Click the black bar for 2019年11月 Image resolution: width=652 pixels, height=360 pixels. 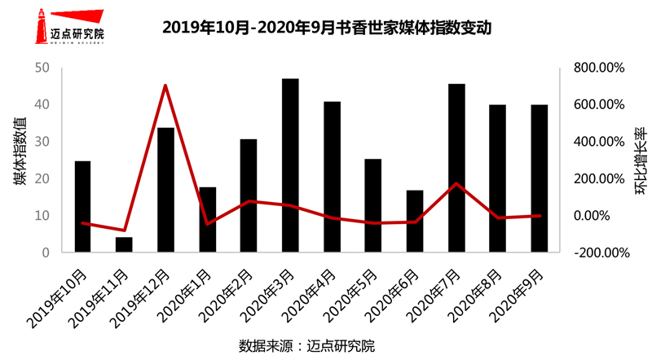click(124, 244)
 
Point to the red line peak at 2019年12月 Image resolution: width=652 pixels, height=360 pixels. click(165, 86)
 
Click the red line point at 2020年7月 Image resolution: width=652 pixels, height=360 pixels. click(456, 183)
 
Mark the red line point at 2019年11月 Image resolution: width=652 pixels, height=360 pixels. click(124, 230)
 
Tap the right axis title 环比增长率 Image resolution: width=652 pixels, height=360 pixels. click(641, 160)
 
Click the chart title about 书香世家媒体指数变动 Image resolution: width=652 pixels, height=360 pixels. click(327, 28)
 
